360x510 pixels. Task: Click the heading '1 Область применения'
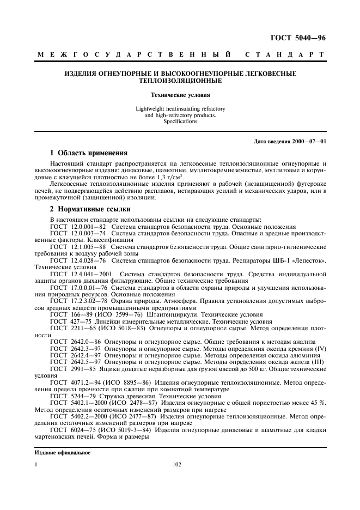point(88,153)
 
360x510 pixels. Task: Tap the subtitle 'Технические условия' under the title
point(180,95)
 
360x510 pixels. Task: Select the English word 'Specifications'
point(180,122)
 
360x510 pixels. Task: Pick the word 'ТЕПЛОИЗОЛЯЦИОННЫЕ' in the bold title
point(180,81)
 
